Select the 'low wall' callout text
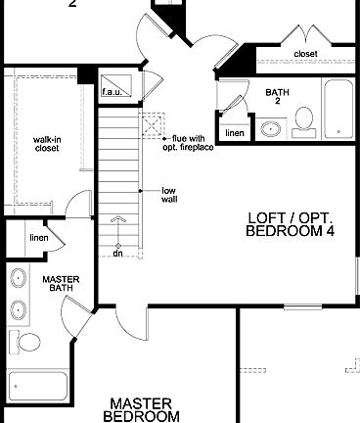coord(169,194)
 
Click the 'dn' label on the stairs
coord(117,253)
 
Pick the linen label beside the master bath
coord(39,238)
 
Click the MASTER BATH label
coord(60,284)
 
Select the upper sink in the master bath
coord(20,279)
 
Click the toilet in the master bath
coord(28,344)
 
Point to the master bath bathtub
coord(36,388)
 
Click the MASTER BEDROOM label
coord(142,409)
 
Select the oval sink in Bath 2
coord(270,129)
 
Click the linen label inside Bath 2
coord(235,132)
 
